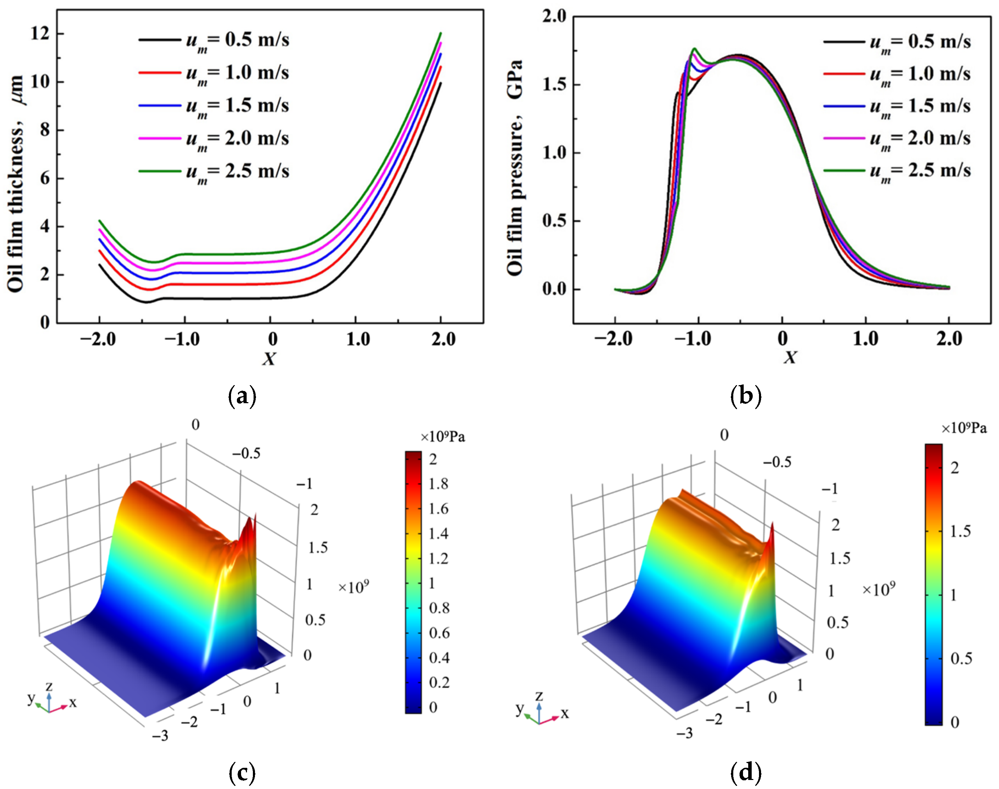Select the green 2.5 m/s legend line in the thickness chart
tap(160, 172)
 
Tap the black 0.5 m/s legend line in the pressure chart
tap(844, 42)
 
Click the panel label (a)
tap(242, 396)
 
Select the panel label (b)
tap(746, 396)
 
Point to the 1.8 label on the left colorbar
tap(438, 484)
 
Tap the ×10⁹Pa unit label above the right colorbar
tap(964, 428)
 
